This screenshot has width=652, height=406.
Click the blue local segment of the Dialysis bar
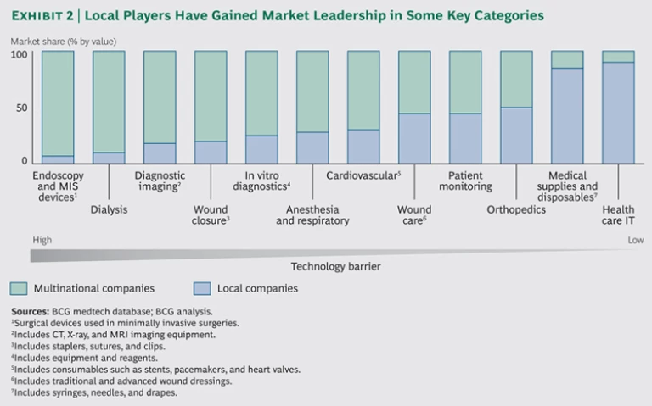tap(109, 158)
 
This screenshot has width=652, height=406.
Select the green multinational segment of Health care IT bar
tap(618, 57)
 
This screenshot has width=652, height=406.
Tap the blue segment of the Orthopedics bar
tap(516, 135)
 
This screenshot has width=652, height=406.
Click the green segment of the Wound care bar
tap(414, 82)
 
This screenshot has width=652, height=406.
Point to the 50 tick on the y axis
tap(22, 108)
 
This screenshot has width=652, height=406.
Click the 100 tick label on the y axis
tap(20, 55)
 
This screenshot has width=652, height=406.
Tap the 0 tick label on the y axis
tap(25, 161)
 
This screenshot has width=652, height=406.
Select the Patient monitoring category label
tap(465, 181)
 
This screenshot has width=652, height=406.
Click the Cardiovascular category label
tap(363, 175)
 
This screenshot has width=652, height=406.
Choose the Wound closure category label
tap(211, 215)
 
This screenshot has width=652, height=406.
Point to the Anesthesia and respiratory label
tap(312, 215)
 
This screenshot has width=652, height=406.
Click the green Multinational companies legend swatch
tap(20, 288)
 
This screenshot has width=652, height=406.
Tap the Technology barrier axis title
tap(335, 266)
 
